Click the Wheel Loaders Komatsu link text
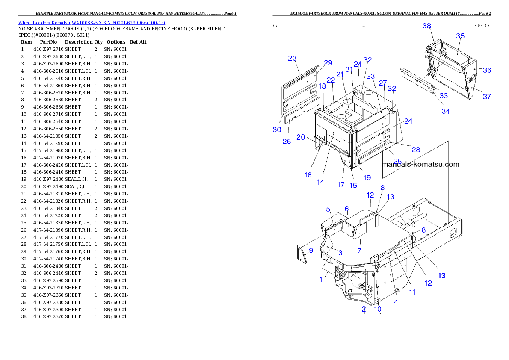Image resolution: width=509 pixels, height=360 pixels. (92, 23)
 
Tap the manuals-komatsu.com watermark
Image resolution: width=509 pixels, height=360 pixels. (420, 164)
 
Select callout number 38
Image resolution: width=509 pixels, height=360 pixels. (426, 26)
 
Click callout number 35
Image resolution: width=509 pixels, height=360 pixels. (460, 36)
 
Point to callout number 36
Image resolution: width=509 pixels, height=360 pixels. (487, 70)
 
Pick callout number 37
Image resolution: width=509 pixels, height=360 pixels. (487, 97)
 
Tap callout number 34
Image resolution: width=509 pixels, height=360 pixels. (446, 111)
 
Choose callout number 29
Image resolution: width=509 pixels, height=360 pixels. (328, 63)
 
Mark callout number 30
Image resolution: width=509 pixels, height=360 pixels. (277, 130)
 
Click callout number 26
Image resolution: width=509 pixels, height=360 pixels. (287, 141)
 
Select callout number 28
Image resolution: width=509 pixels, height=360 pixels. (415, 150)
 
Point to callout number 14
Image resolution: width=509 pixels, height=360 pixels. (320, 182)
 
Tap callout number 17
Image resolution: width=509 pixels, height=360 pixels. (340, 185)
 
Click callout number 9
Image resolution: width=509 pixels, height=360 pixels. (311, 251)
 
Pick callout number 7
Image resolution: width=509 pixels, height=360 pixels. (359, 250)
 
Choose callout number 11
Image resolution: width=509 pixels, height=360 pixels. (412, 292)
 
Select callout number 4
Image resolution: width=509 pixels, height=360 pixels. (396, 302)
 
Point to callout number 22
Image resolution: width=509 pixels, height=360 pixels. (331, 80)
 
